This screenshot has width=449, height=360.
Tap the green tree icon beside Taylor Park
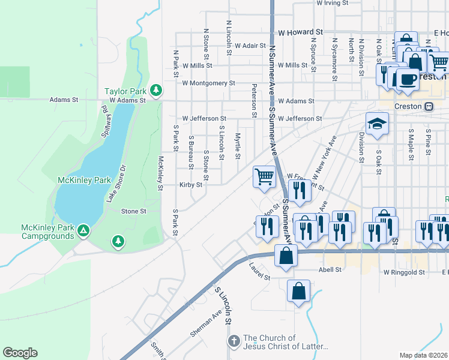[156, 90]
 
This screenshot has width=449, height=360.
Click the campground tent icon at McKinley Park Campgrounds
[84, 230]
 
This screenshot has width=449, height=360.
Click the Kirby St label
[190, 185]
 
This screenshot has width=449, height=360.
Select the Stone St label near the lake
[133, 211]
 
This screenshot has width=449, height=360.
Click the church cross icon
[234, 341]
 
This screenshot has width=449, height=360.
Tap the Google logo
[20, 353]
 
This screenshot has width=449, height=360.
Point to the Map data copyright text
[423, 355]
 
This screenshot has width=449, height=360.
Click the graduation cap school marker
[377, 124]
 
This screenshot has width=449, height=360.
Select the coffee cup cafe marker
[408, 79]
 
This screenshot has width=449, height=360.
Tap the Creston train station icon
[429, 106]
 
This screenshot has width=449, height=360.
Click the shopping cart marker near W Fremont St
[264, 176]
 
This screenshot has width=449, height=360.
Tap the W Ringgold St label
[404, 272]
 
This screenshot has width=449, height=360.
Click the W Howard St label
[300, 32]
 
